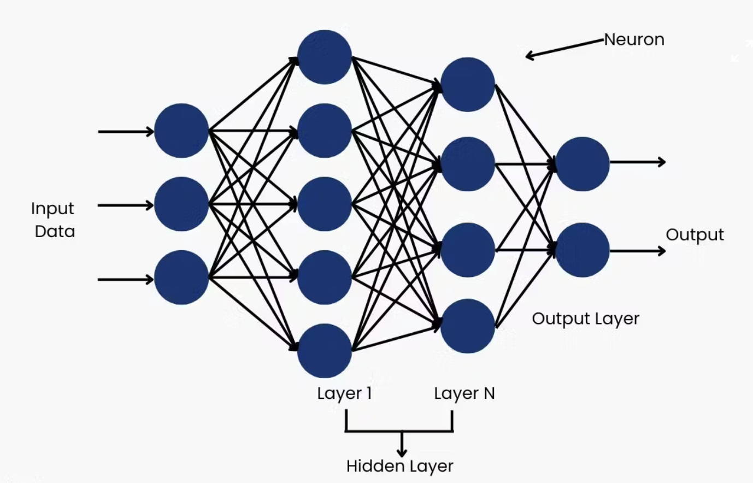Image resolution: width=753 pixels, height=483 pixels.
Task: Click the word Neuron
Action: [634, 40]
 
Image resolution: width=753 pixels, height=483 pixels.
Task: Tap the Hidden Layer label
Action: [399, 466]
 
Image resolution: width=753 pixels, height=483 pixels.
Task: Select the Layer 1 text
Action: [344, 393]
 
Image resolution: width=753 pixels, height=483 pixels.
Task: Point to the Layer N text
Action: [464, 393]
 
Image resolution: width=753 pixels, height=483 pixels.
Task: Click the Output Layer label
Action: [585, 319]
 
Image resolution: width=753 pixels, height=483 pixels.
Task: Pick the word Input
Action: [52, 209]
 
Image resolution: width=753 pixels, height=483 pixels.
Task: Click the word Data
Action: [55, 232]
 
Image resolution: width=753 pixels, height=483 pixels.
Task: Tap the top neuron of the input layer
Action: [181, 131]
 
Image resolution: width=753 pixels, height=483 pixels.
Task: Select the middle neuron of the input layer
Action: [181, 204]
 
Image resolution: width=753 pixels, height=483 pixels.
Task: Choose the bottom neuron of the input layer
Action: [181, 278]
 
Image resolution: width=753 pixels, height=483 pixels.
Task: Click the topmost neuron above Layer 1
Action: [325, 57]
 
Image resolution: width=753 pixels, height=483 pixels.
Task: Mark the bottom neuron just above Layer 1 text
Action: [325, 351]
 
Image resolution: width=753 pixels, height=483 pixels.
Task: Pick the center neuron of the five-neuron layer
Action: [325, 204]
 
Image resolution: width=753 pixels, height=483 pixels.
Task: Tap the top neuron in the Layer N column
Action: [468, 85]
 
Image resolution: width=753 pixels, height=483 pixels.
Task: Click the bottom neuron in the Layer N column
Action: [468, 326]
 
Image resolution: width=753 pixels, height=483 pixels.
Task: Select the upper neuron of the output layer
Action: [583, 164]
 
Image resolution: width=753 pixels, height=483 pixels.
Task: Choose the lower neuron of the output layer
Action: [583, 250]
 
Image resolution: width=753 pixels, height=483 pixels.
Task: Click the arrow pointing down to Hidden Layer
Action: [402, 444]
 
